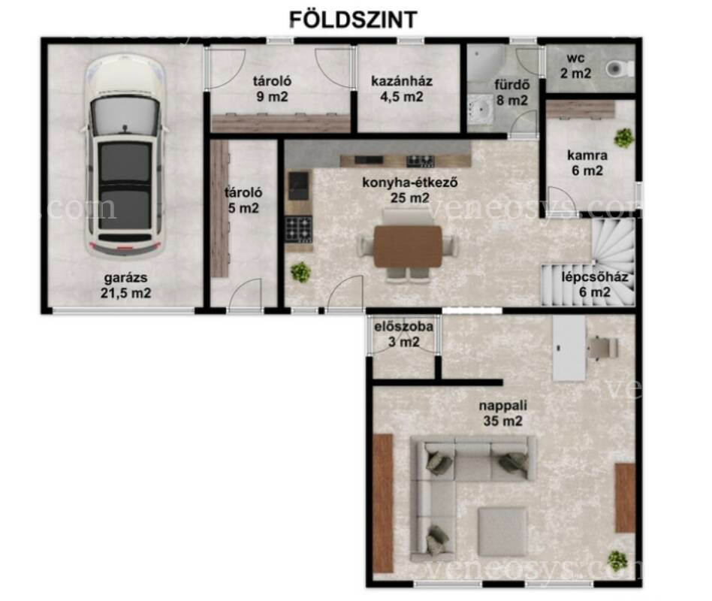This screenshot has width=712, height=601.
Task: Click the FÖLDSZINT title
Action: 353,20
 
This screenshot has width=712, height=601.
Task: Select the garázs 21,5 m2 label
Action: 125,285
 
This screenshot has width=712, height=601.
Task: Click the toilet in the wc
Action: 620,69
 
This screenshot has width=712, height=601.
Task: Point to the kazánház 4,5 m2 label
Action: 402,89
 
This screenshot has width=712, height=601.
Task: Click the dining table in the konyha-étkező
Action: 408,246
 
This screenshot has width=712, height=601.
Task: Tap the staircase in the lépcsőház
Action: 589,262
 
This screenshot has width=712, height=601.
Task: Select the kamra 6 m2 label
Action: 587,162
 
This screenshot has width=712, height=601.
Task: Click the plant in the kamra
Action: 624,137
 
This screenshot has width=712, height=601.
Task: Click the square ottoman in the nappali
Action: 502,532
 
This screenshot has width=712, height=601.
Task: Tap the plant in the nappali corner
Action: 617,560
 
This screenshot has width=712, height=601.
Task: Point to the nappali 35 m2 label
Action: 502,413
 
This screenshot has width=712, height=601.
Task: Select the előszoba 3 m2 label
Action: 403,334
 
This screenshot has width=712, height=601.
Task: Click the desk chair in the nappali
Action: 602,348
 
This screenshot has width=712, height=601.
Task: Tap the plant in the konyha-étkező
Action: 300,272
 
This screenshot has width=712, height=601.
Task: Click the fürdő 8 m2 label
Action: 512,92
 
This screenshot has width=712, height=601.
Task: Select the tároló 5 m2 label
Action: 243,200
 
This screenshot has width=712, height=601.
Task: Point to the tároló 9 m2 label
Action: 272,89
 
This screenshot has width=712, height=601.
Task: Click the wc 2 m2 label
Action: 576,66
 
